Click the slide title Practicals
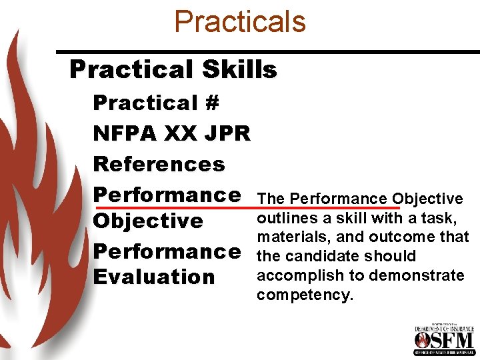239,21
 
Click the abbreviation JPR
229,134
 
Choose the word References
159,164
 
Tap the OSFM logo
443,340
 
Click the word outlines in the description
283,217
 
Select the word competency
304,295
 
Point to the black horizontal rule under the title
267,52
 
